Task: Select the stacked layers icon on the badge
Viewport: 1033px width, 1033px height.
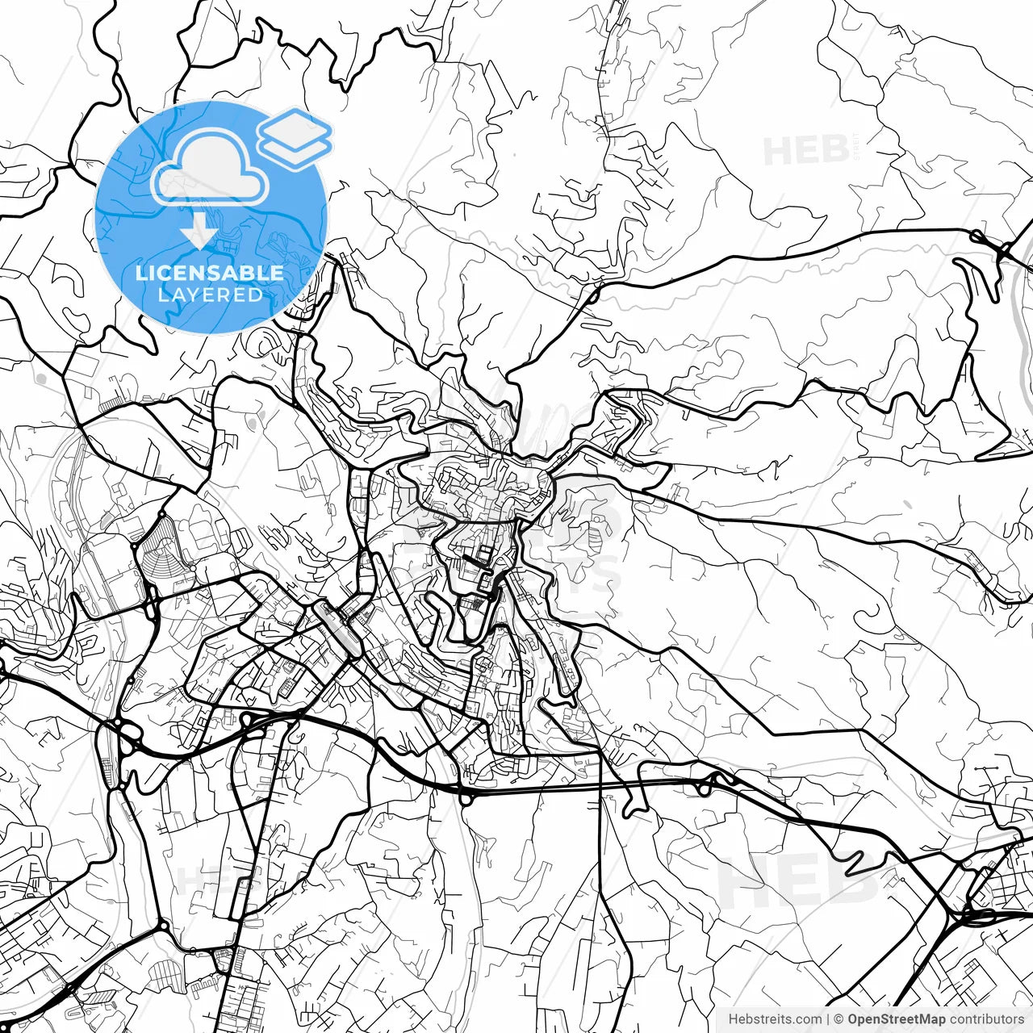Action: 295,137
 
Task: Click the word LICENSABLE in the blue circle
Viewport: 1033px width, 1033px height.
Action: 210,273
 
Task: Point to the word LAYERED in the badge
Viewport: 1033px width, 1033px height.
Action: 210,295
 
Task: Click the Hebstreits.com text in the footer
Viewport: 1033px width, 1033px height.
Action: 775,1019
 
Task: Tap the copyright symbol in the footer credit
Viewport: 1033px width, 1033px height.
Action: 839,1019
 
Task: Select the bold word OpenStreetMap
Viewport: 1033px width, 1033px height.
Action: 896,1019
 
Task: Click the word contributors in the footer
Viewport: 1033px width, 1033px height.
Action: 985,1019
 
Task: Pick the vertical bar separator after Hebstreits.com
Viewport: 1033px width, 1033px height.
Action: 828,1019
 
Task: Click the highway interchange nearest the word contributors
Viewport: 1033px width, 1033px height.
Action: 972,916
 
